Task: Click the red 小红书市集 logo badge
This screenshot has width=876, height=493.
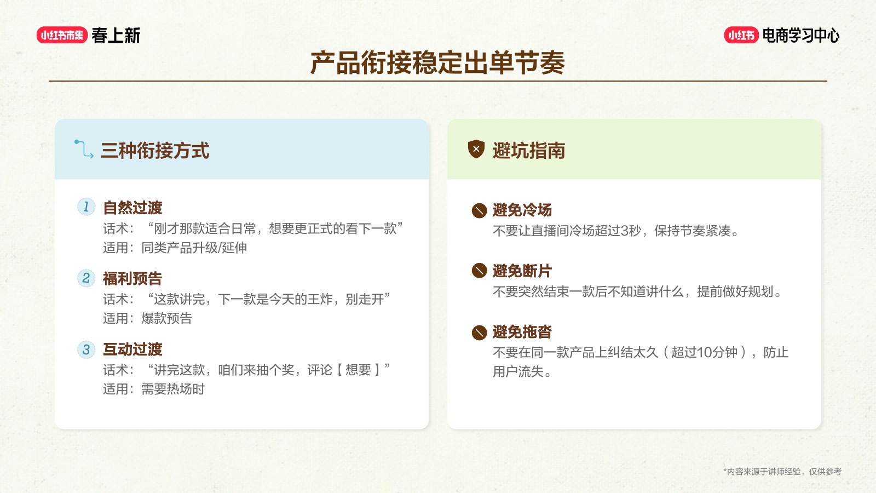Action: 62,35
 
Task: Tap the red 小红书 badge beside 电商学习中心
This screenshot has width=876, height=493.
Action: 741,35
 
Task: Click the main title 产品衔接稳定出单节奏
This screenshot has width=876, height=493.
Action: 437,62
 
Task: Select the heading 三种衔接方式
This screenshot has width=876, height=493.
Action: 155,151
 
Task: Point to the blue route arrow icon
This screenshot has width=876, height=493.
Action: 84,149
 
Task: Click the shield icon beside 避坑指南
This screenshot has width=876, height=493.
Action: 476,149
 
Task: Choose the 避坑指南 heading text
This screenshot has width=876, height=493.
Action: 529,151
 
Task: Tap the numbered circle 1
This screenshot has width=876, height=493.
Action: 87,207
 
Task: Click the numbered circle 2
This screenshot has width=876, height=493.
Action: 87,278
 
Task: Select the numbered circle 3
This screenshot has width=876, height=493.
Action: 87,349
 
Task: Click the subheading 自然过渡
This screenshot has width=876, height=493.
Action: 132,208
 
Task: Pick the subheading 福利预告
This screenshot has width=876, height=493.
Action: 132,279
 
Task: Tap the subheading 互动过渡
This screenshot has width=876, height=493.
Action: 132,349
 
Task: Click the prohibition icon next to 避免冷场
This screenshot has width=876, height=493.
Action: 479,210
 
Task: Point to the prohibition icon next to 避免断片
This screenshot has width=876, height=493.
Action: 479,271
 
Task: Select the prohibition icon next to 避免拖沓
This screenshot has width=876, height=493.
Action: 479,333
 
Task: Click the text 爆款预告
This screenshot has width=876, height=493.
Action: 166,318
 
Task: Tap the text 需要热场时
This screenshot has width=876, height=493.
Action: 173,389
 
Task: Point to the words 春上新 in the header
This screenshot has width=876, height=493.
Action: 116,35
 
